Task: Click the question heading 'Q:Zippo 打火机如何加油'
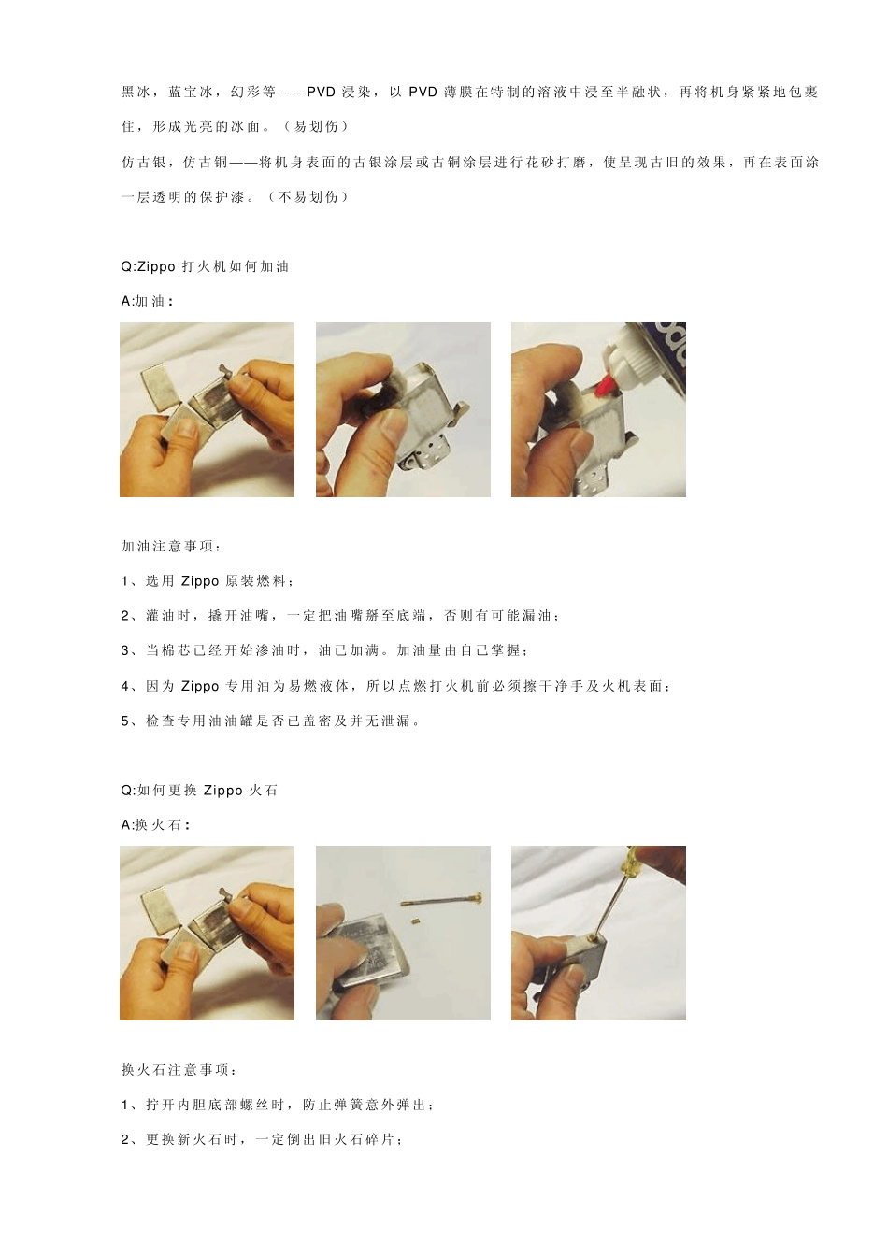point(205,266)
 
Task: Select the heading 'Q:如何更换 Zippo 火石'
point(199,790)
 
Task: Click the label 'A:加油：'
point(147,301)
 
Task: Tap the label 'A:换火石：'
point(155,824)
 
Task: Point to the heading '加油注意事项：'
point(172,546)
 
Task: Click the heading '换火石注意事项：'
point(179,1069)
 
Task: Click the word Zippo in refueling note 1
point(200,581)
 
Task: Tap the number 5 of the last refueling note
point(125,721)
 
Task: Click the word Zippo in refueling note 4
point(200,686)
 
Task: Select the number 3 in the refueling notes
point(125,650)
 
